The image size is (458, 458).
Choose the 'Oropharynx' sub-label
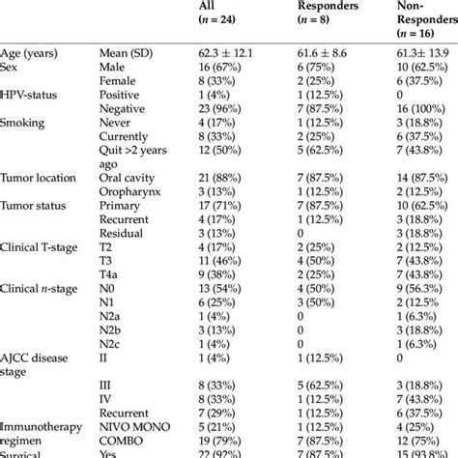point(129,192)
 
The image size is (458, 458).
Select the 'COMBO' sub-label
point(121,440)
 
